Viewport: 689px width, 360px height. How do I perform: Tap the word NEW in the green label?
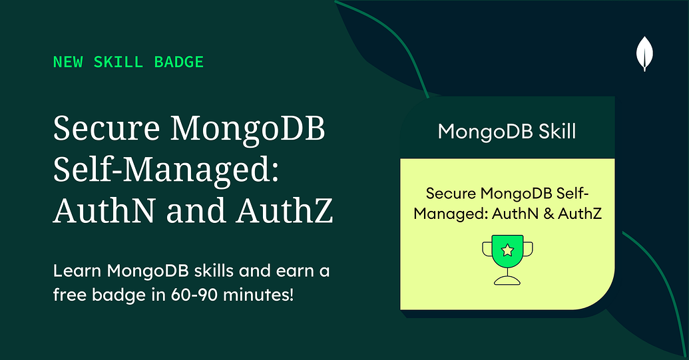(x=67, y=63)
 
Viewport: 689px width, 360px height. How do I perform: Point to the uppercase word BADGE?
(x=178, y=63)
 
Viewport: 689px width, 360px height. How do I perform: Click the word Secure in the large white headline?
(x=103, y=128)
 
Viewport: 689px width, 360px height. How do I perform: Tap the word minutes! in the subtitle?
(x=263, y=293)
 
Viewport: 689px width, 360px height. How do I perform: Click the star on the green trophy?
(x=507, y=251)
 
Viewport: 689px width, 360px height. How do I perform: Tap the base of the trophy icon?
(x=507, y=279)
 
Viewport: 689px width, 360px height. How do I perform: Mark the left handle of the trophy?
(x=487, y=250)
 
